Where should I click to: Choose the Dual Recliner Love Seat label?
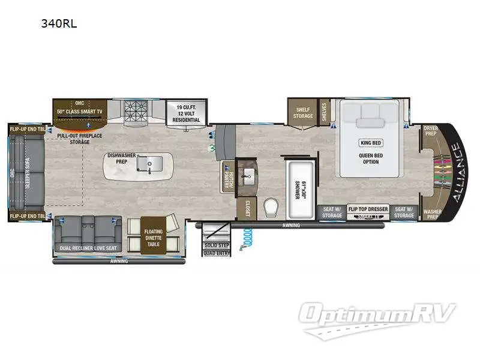click(88, 247)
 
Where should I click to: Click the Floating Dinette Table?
click(153, 234)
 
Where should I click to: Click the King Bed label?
click(370, 142)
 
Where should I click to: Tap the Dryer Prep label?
click(430, 130)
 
